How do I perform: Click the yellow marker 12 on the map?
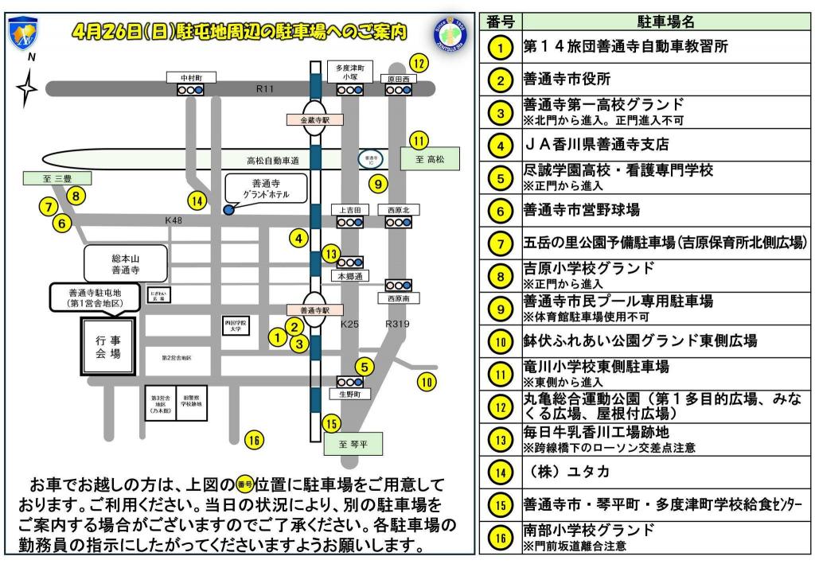[x=418, y=61]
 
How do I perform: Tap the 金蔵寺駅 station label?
[x=314, y=119]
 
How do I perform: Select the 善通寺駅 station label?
[x=314, y=309]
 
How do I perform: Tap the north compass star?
[x=28, y=87]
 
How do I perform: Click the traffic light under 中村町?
[x=190, y=91]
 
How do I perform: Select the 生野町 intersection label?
[x=349, y=395]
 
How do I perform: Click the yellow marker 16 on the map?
[x=254, y=439]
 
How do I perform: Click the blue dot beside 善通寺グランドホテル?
[x=228, y=209]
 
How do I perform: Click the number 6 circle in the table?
[x=499, y=211]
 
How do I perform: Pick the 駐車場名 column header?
[x=665, y=21]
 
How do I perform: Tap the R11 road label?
[x=265, y=89]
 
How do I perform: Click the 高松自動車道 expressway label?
[x=272, y=160]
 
